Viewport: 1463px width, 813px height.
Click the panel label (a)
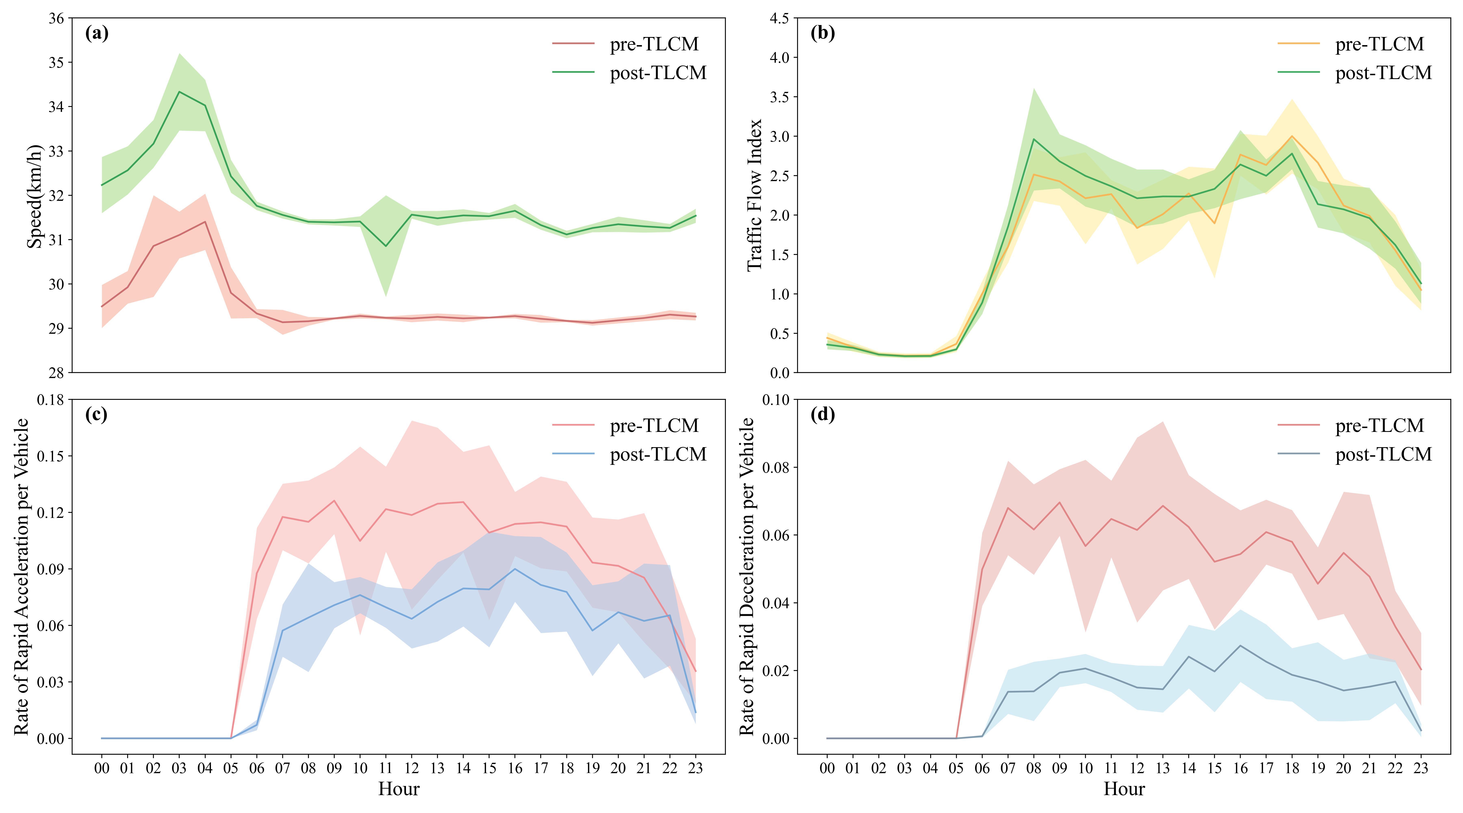click(x=97, y=34)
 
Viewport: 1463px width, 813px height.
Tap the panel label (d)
click(x=822, y=415)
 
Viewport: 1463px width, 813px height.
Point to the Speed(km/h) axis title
click(x=35, y=196)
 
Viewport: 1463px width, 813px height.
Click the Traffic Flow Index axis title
click(x=754, y=195)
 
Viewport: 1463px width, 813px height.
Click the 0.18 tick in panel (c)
click(x=51, y=400)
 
